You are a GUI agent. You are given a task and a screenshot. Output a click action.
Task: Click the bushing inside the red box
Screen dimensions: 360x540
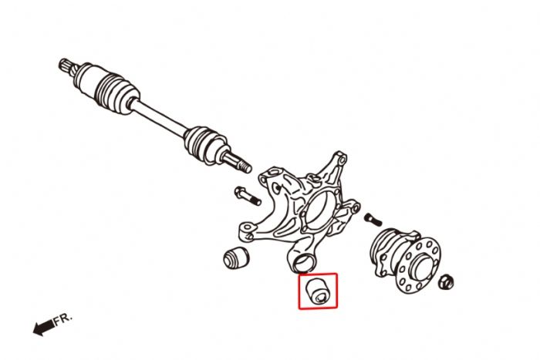coord(318,291)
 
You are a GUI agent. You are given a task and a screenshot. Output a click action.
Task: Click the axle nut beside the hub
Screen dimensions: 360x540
coord(446,281)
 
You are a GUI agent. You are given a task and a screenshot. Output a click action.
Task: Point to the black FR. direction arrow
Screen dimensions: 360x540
coord(43,328)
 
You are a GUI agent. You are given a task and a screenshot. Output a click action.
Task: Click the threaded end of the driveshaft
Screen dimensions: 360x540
coord(238,163)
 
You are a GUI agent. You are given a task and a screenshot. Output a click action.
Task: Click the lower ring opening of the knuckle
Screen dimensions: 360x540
coord(302,264)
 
